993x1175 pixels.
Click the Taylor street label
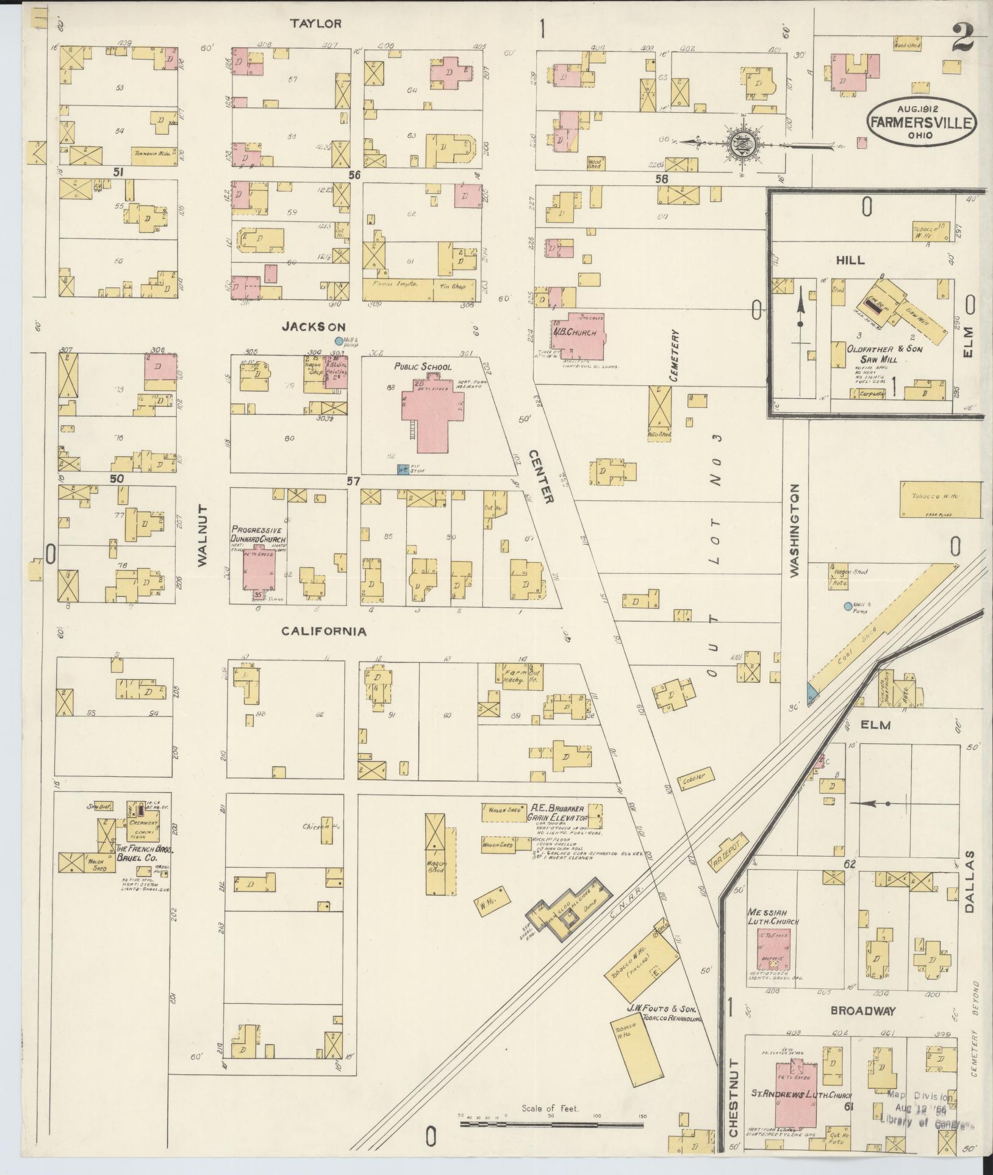(315, 24)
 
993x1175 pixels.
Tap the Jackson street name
(313, 327)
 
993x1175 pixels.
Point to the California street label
(323, 631)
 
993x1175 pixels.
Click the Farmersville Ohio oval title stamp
(921, 121)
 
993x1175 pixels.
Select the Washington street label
(794, 530)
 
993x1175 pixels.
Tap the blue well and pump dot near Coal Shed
(847, 606)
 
